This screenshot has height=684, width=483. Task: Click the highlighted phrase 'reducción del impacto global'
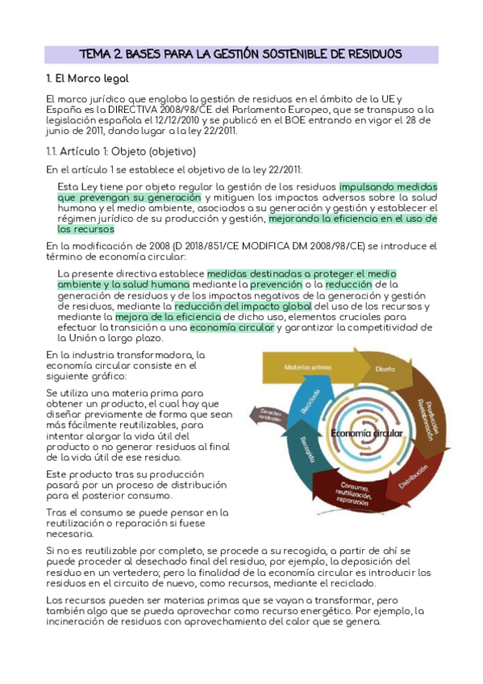pyautogui.click(x=243, y=307)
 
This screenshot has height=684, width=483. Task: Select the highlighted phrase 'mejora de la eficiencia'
pyautogui.click(x=161, y=317)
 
